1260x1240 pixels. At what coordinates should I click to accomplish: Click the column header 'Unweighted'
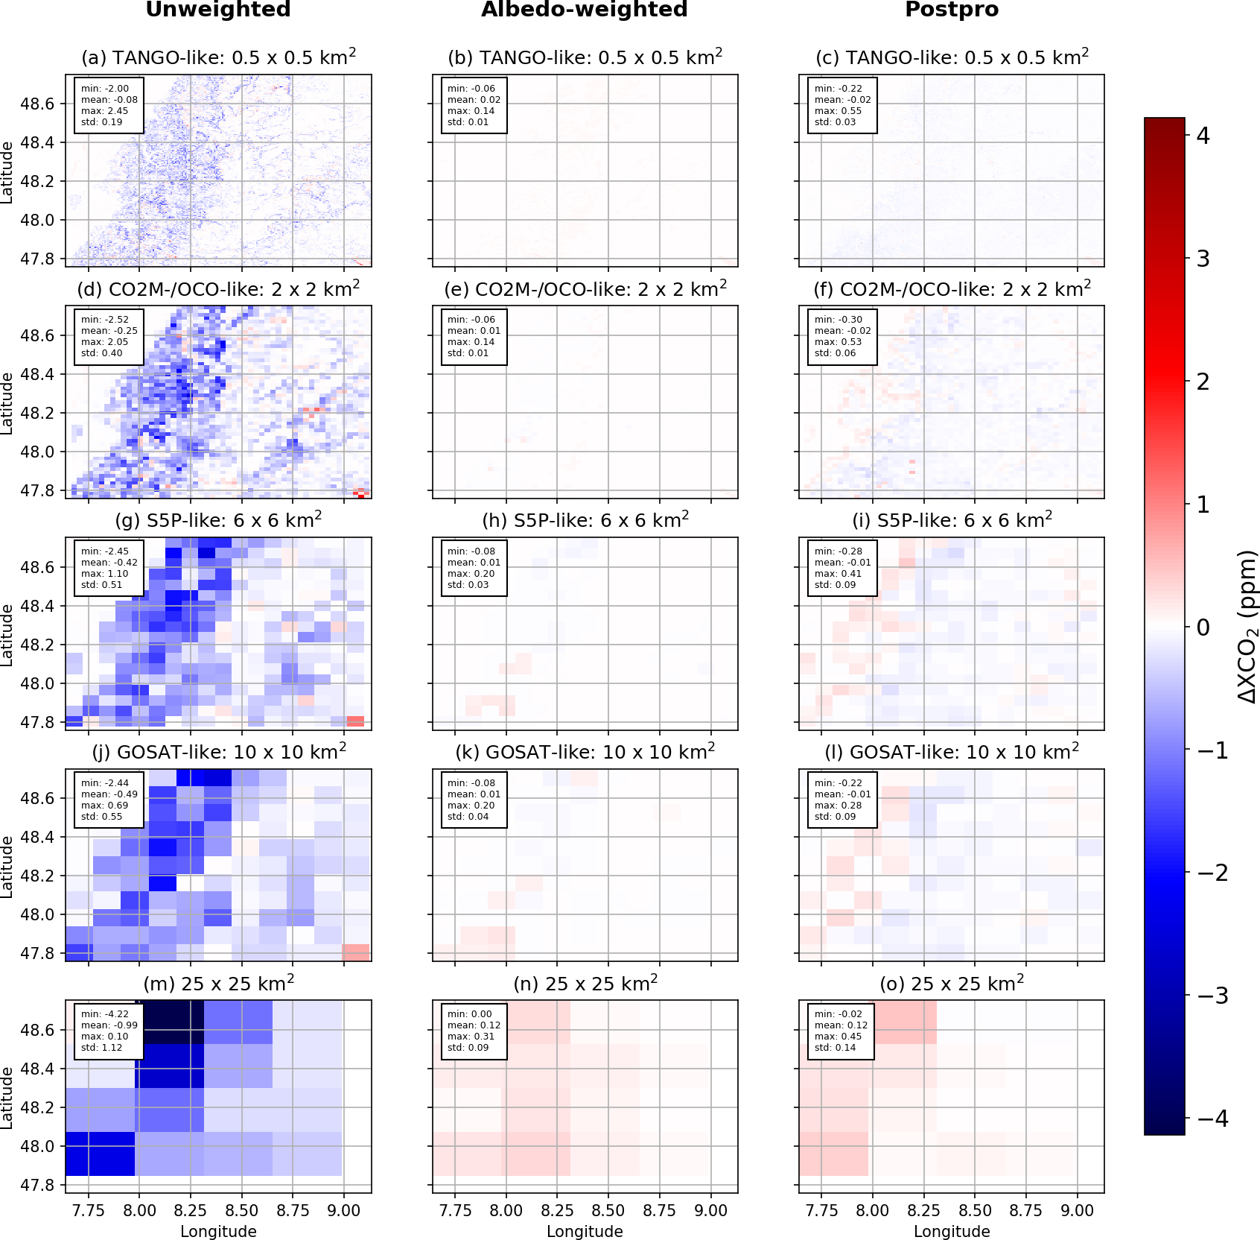(x=218, y=10)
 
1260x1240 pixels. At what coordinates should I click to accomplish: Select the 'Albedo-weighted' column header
(x=585, y=10)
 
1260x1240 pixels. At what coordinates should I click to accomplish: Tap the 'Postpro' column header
(x=952, y=10)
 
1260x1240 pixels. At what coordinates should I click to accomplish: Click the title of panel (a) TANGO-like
(x=218, y=57)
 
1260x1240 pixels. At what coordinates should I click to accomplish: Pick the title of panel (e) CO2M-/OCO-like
(x=585, y=288)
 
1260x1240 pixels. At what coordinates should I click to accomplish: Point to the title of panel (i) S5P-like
(x=952, y=519)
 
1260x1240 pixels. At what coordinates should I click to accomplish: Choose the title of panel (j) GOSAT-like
(x=218, y=751)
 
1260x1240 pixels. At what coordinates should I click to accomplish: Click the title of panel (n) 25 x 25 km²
(x=585, y=983)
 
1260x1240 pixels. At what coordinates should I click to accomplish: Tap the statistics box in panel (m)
(x=108, y=1031)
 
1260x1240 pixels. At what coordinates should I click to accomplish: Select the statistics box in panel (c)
(x=842, y=105)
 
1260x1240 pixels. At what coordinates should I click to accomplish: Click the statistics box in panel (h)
(x=474, y=568)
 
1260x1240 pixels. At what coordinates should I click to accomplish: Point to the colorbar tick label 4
(x=1203, y=136)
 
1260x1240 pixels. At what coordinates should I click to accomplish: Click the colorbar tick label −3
(x=1212, y=996)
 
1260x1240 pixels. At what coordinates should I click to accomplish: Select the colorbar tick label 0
(x=1203, y=627)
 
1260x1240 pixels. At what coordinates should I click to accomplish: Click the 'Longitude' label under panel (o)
(x=952, y=1231)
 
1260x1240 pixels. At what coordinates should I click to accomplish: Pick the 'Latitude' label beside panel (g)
(x=7, y=634)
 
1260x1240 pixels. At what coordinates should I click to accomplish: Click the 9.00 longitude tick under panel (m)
(x=343, y=1210)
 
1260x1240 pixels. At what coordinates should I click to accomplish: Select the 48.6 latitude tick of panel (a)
(x=37, y=104)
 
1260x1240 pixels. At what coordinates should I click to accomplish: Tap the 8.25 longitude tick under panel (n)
(x=557, y=1210)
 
